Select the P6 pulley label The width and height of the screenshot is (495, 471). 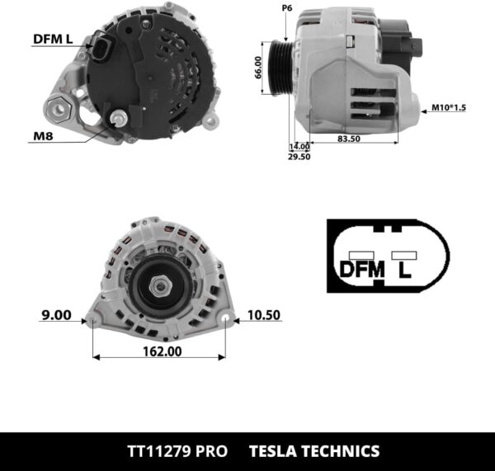287,7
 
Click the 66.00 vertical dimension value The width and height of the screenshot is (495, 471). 259,68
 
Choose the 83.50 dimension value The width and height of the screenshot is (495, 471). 349,139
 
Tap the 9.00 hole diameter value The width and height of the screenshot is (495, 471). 57,314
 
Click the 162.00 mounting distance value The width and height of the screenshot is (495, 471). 161,350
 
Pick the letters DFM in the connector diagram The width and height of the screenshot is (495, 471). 362,269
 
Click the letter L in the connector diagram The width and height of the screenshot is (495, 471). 404,269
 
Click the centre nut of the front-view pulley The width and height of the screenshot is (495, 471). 161,285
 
